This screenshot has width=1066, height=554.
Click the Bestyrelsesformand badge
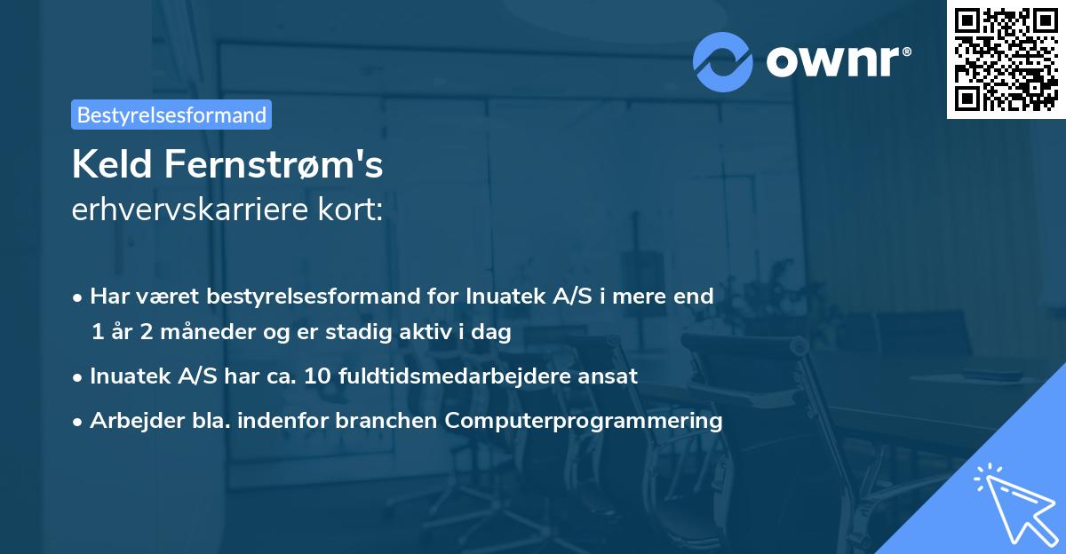tap(171, 115)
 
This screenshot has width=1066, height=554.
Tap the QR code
tap(1006, 59)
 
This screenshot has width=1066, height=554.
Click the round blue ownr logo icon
tap(723, 61)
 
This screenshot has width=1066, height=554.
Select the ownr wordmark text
tap(836, 61)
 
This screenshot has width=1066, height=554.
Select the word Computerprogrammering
tap(585, 420)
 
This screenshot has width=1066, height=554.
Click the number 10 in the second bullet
tap(315, 376)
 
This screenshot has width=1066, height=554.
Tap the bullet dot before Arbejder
tap(79, 421)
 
